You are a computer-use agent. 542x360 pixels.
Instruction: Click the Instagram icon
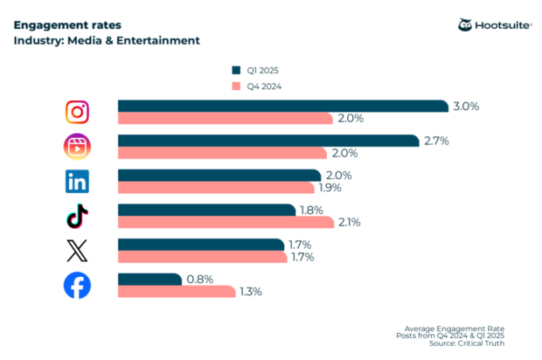[78, 112]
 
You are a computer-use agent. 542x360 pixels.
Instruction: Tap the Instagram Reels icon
[78, 146]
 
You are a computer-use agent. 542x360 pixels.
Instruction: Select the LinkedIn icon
[78, 181]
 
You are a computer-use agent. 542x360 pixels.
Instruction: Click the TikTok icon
[78, 216]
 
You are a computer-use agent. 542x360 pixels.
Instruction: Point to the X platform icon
[78, 251]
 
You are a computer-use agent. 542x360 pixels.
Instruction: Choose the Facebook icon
[78, 286]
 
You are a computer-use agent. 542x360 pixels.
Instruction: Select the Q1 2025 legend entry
[256, 70]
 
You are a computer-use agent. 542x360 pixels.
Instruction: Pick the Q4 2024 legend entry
[256, 86]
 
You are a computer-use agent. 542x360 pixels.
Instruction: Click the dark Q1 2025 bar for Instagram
[283, 106]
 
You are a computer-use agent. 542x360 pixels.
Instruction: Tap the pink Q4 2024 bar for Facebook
[177, 292]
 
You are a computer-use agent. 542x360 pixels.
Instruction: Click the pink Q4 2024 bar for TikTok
[226, 222]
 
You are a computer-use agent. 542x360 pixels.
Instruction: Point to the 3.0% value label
[467, 106]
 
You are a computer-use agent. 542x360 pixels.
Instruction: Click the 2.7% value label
[434, 141]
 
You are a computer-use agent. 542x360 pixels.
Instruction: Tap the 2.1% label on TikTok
[350, 222]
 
